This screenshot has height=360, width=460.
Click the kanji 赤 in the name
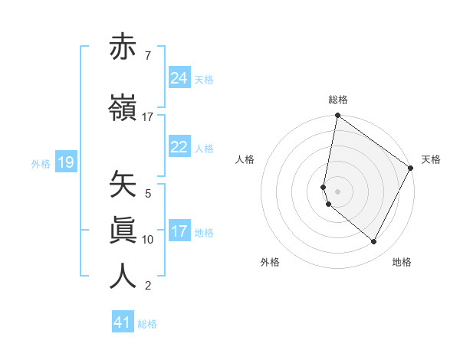click(x=123, y=47)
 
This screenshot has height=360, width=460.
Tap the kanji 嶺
click(x=123, y=107)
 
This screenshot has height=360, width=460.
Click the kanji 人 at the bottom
click(x=123, y=275)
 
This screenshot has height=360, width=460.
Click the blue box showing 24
click(x=179, y=78)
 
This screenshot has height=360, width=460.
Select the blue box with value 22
click(x=179, y=147)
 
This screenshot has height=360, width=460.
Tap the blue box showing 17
click(x=179, y=231)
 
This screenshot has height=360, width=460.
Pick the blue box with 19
click(x=65, y=162)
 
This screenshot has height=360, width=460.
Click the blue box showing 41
click(x=123, y=322)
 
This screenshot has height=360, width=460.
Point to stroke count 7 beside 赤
click(x=147, y=56)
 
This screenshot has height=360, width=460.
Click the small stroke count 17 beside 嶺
click(x=148, y=117)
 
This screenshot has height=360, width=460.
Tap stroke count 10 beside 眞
click(x=148, y=240)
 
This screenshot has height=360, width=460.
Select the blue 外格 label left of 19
click(x=41, y=163)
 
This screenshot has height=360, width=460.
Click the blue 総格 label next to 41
click(x=147, y=324)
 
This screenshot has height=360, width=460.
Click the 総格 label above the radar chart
click(x=338, y=100)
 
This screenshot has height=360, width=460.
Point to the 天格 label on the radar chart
click(x=431, y=159)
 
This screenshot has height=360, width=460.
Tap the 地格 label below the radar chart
click(x=402, y=263)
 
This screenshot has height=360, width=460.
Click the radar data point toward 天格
click(x=412, y=168)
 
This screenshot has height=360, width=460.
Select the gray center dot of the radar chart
click(x=338, y=191)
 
